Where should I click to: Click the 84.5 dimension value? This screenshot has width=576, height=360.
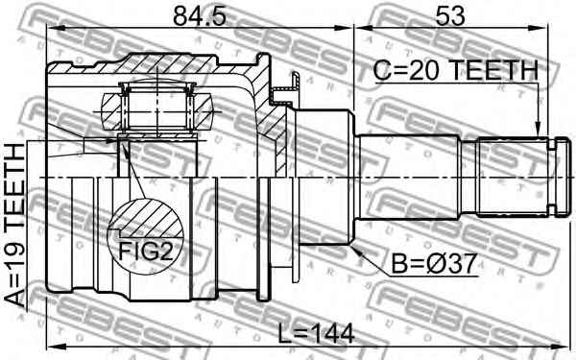[200, 16]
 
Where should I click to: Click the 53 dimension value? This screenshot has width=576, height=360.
[450, 16]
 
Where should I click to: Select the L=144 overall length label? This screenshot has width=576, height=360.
[316, 333]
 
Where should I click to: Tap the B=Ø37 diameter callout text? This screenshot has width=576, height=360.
[434, 264]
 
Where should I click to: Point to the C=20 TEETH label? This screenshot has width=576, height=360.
[455, 70]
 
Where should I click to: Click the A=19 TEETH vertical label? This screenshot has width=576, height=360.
[15, 226]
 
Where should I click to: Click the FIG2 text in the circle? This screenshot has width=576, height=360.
[145, 252]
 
